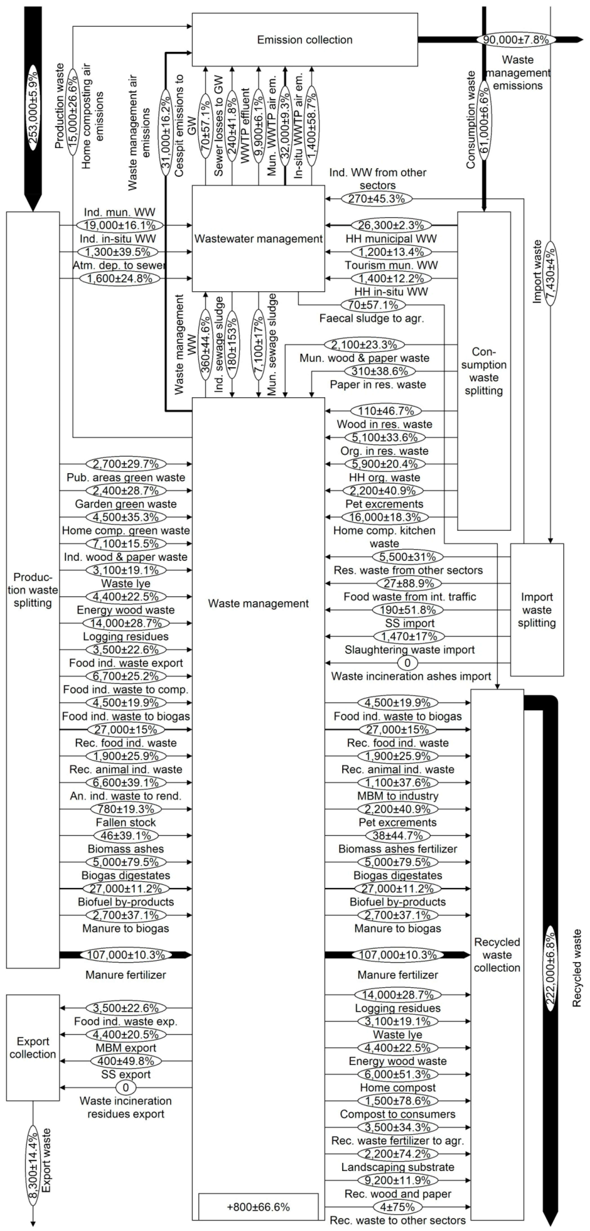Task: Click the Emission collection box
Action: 305,40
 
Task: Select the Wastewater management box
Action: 258,238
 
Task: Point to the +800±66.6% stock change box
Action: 258,1207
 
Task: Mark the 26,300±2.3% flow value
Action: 391,225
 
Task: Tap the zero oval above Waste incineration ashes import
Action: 407,663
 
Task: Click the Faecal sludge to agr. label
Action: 371,318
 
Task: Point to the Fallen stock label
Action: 126,822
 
